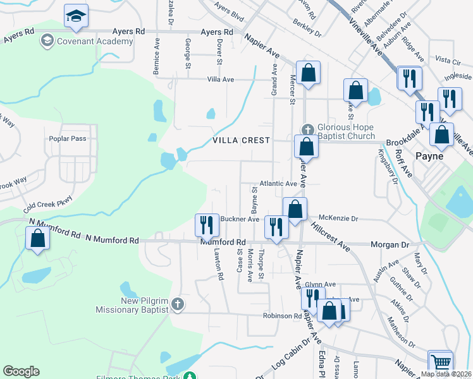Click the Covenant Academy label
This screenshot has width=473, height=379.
tap(95, 41)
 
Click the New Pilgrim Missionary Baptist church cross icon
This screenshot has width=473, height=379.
tap(178, 304)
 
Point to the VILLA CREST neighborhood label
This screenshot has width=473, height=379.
tap(242, 140)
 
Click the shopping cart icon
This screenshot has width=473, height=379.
tap(440, 362)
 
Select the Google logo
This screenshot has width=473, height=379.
tap(21, 371)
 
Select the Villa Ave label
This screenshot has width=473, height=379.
tap(221, 80)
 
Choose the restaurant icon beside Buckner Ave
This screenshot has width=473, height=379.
tap(206, 223)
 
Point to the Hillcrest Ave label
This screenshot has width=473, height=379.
tap(329, 233)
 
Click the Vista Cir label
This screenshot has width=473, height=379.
tap(448, 61)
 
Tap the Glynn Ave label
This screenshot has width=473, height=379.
tap(320, 284)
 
